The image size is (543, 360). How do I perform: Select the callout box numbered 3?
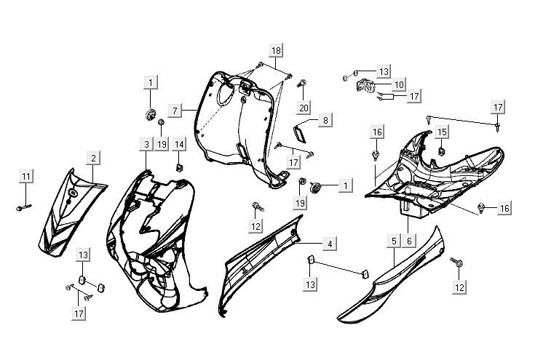(x=146, y=145)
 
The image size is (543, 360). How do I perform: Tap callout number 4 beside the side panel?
(x=330, y=244)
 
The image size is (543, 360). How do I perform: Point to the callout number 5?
(x=393, y=240)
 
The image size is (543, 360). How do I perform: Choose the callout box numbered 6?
(x=410, y=240)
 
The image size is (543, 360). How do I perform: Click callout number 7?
(x=175, y=111)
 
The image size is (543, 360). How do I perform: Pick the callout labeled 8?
(x=325, y=120)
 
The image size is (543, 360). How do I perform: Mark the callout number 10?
(x=400, y=84)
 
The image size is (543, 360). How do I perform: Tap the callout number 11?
(x=26, y=177)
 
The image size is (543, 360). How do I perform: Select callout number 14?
(x=179, y=144)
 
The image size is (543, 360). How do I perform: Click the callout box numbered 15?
(x=442, y=132)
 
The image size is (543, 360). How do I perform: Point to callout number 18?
(x=275, y=50)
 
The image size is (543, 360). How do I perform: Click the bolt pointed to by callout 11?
(x=20, y=209)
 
